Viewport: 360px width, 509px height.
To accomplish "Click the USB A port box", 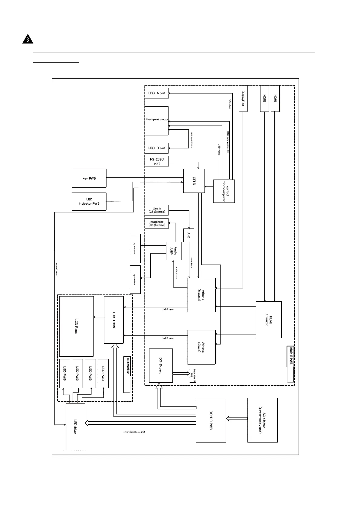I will click(156, 93).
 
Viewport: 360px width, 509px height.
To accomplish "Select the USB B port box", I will click(156, 148).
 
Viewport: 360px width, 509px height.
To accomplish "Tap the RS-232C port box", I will click(156, 161).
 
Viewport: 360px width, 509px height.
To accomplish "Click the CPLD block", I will click(194, 181).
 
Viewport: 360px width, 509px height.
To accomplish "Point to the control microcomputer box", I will click(224, 191).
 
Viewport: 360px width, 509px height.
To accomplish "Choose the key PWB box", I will click(89, 178).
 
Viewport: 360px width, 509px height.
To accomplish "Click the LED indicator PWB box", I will click(89, 202).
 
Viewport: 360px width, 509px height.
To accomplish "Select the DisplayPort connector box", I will click(243, 99).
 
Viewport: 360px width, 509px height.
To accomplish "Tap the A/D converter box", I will click(188, 235).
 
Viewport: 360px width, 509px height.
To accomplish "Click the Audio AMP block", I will click(173, 251).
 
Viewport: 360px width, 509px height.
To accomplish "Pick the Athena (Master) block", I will click(201, 295).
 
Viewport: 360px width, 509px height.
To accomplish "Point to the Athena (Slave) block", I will click(201, 347).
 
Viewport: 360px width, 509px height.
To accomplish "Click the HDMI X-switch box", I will click(269, 320).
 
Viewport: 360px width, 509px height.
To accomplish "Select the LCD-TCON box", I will click(114, 320).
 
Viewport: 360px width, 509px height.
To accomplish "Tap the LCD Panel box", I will click(76, 326).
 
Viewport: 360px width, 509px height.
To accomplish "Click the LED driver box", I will click(75, 426).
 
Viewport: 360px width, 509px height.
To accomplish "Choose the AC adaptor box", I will click(262, 420).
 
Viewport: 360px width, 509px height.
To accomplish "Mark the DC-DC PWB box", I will click(211, 420).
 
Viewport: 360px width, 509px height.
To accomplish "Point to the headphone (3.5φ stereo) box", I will click(156, 224).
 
